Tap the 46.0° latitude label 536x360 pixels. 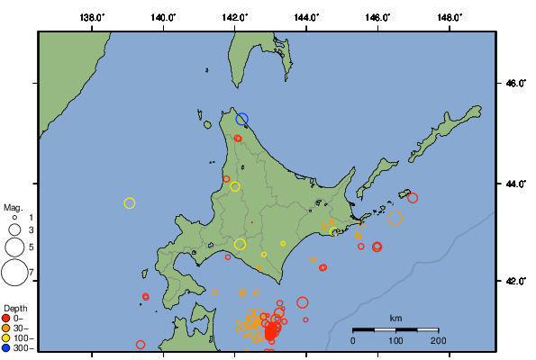tap(514, 84)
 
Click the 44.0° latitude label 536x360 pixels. tap(514, 184)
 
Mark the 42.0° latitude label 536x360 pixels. tap(514, 281)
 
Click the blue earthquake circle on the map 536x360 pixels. tap(241, 119)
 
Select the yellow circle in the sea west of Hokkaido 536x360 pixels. tap(129, 203)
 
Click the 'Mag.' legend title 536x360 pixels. tap(12, 207)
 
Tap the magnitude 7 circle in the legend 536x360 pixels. tap(14, 271)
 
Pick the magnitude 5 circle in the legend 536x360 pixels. tap(14, 246)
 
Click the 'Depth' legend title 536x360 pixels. tap(14, 309)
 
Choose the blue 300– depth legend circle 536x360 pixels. tap(6, 347)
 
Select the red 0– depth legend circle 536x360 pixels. tap(6, 318)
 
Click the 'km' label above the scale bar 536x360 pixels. tap(395, 319)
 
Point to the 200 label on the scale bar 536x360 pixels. tap(439, 341)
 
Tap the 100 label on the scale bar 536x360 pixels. tap(395, 341)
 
